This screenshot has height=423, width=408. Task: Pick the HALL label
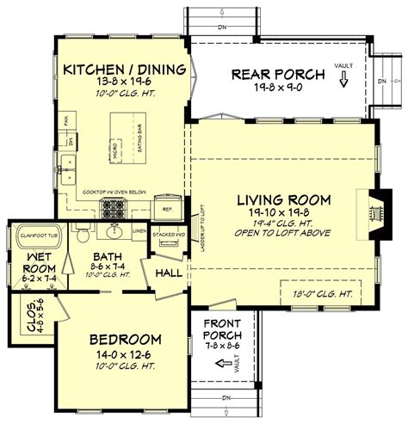(168, 273)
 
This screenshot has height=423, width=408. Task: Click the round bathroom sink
(114, 230)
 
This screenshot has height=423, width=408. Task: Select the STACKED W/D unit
(165, 236)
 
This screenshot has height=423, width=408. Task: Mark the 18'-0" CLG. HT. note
(322, 292)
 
